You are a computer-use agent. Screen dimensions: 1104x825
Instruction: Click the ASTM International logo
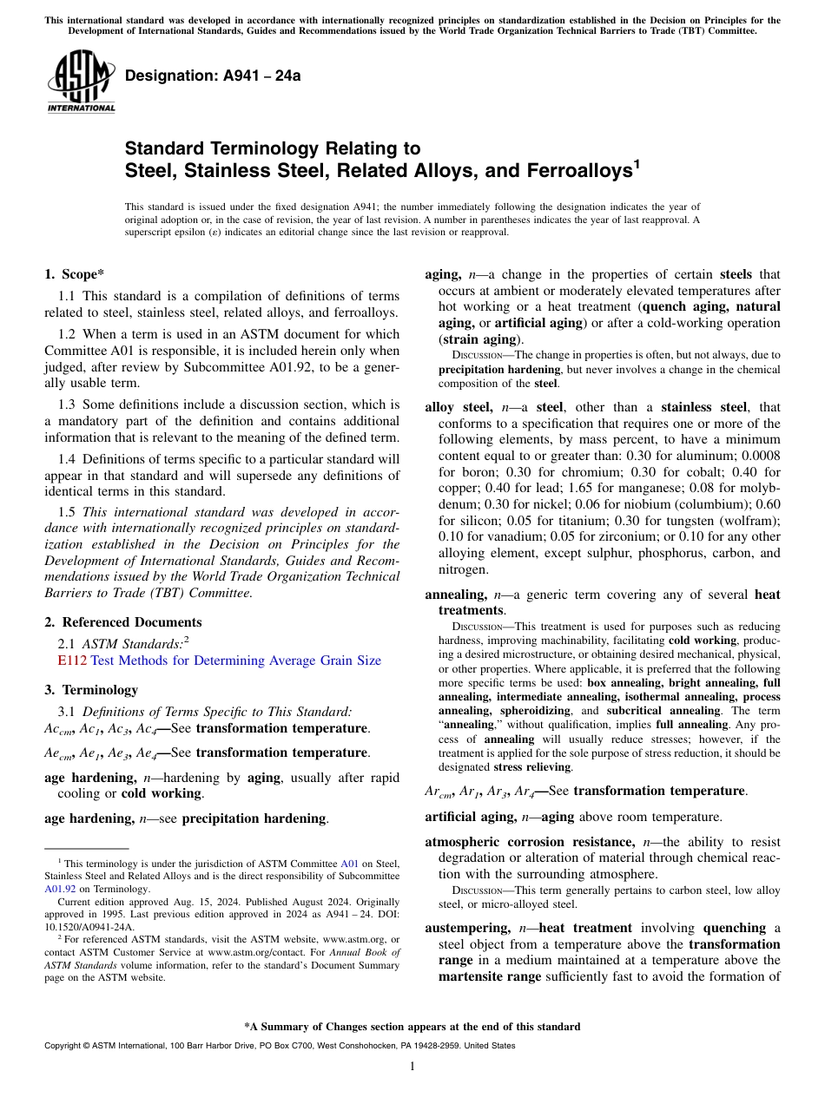point(81,81)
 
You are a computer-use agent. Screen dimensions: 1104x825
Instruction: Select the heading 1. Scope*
point(75,274)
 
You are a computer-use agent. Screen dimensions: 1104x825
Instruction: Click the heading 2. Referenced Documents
point(123,622)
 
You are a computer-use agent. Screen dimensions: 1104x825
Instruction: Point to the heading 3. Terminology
point(91,690)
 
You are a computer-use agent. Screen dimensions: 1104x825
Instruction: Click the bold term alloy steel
point(456,406)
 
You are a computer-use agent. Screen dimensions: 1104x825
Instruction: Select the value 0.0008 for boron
point(762,456)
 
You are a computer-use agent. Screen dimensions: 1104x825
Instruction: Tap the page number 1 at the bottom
point(412,1067)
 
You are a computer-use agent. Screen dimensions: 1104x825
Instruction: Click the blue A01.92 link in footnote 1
point(60,889)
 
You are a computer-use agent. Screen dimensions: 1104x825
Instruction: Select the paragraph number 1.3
point(69,404)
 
